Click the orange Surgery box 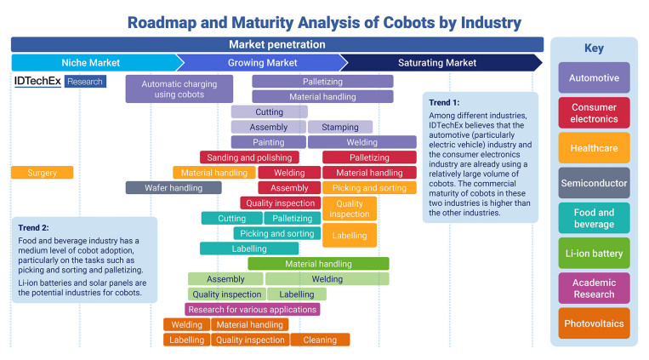pyautogui.click(x=43, y=172)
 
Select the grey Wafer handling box pyautogui.click(x=174, y=188)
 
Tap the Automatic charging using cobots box pyautogui.click(x=179, y=89)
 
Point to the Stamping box pyautogui.click(x=340, y=127)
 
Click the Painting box pyautogui.click(x=269, y=142)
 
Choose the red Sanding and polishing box pyautogui.click(x=249, y=157)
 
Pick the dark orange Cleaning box pyautogui.click(x=320, y=340)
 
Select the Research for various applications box pyautogui.click(x=252, y=309)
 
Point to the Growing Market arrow pyautogui.click(x=263, y=63)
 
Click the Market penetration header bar pyautogui.click(x=277, y=44)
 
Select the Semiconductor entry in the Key pyautogui.click(x=594, y=183)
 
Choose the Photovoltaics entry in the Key pyautogui.click(x=594, y=323)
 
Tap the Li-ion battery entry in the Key pyautogui.click(x=594, y=253)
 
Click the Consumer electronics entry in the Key pyautogui.click(x=594, y=112)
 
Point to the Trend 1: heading pyautogui.click(x=444, y=102)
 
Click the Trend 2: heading pyautogui.click(x=33, y=227)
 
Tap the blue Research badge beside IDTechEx pyautogui.click(x=85, y=81)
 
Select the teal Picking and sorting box pyautogui.click(x=277, y=233)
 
